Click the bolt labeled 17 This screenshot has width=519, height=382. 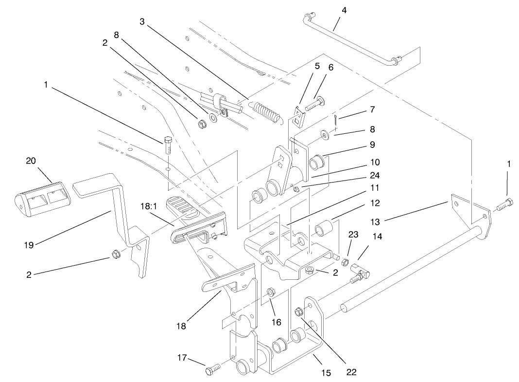pyautogui.click(x=212, y=371)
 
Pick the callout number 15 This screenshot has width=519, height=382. pyautogui.click(x=326, y=373)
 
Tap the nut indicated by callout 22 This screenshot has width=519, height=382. pyautogui.click(x=297, y=311)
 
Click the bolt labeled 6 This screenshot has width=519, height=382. pyautogui.click(x=314, y=103)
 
